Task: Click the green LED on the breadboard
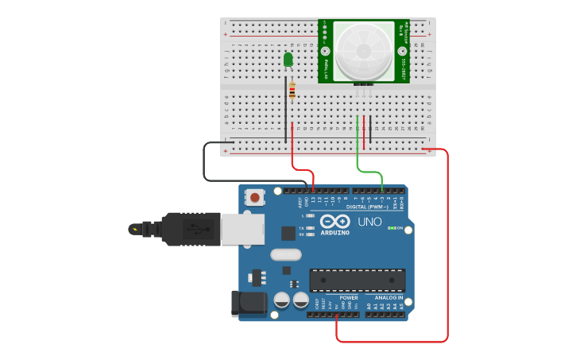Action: click(288, 59)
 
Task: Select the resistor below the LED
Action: click(292, 91)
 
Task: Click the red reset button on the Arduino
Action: click(255, 196)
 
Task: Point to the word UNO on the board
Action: click(369, 222)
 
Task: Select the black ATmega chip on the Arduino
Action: click(357, 280)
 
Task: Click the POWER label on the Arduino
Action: click(349, 297)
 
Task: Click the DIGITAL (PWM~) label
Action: click(373, 207)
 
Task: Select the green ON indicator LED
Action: click(390, 228)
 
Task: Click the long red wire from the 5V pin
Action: click(447, 254)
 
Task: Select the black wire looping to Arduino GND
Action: click(205, 163)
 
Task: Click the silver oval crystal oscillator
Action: click(286, 255)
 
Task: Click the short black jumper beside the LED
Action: click(286, 111)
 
